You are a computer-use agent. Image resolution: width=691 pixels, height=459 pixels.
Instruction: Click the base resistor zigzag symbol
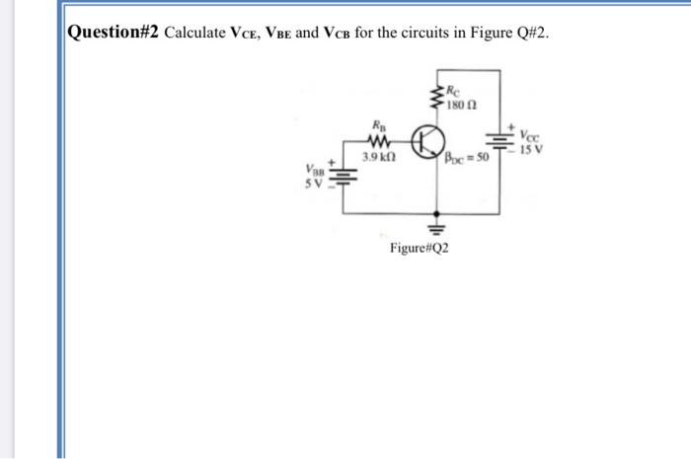coord(380,143)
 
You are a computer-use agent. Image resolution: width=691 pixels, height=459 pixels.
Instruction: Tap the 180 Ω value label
coord(462,106)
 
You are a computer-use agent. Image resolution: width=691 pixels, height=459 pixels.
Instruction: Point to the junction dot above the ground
coord(436,211)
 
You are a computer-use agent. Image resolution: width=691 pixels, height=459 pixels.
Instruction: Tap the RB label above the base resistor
coord(378,126)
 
